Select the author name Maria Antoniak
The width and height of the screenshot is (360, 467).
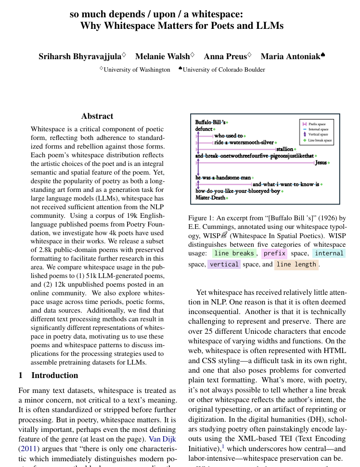point(290,57)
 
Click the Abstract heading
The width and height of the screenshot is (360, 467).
point(97,116)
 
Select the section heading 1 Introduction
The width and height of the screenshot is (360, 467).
point(48,375)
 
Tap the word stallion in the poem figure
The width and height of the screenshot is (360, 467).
point(284,149)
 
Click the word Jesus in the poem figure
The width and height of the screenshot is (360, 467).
point(321,163)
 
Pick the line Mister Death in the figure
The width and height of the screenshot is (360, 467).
point(210,198)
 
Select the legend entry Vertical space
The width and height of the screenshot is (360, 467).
point(318,135)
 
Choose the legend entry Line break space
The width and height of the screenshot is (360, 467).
point(320,140)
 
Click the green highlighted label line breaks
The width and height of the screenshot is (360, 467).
point(234,253)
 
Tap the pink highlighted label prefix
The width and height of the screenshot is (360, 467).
point(275,253)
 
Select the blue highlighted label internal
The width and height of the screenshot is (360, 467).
point(329,253)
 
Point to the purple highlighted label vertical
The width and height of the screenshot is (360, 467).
point(224,264)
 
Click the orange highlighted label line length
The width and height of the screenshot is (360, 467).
point(296,264)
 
